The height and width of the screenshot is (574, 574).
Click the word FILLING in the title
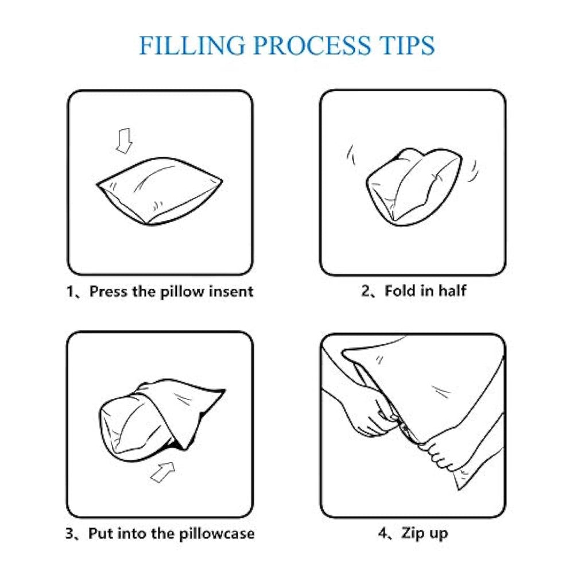[x=192, y=45]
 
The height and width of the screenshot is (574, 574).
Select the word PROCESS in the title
[x=312, y=45]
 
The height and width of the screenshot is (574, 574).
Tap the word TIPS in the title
[x=407, y=45]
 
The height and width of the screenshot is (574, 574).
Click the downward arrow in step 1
[x=125, y=141]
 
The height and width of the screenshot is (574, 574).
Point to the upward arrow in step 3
[x=163, y=472]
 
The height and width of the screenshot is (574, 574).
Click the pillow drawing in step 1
[x=160, y=191]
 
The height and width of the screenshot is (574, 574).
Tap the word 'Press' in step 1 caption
[x=108, y=292]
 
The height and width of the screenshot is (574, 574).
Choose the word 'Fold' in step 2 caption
[x=400, y=290]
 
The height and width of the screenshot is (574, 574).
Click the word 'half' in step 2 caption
[x=452, y=290]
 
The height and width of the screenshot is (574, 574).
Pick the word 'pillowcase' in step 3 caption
[x=217, y=534]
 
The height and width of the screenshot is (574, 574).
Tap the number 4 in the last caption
[x=383, y=533]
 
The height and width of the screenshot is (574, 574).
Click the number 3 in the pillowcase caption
[x=69, y=533]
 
